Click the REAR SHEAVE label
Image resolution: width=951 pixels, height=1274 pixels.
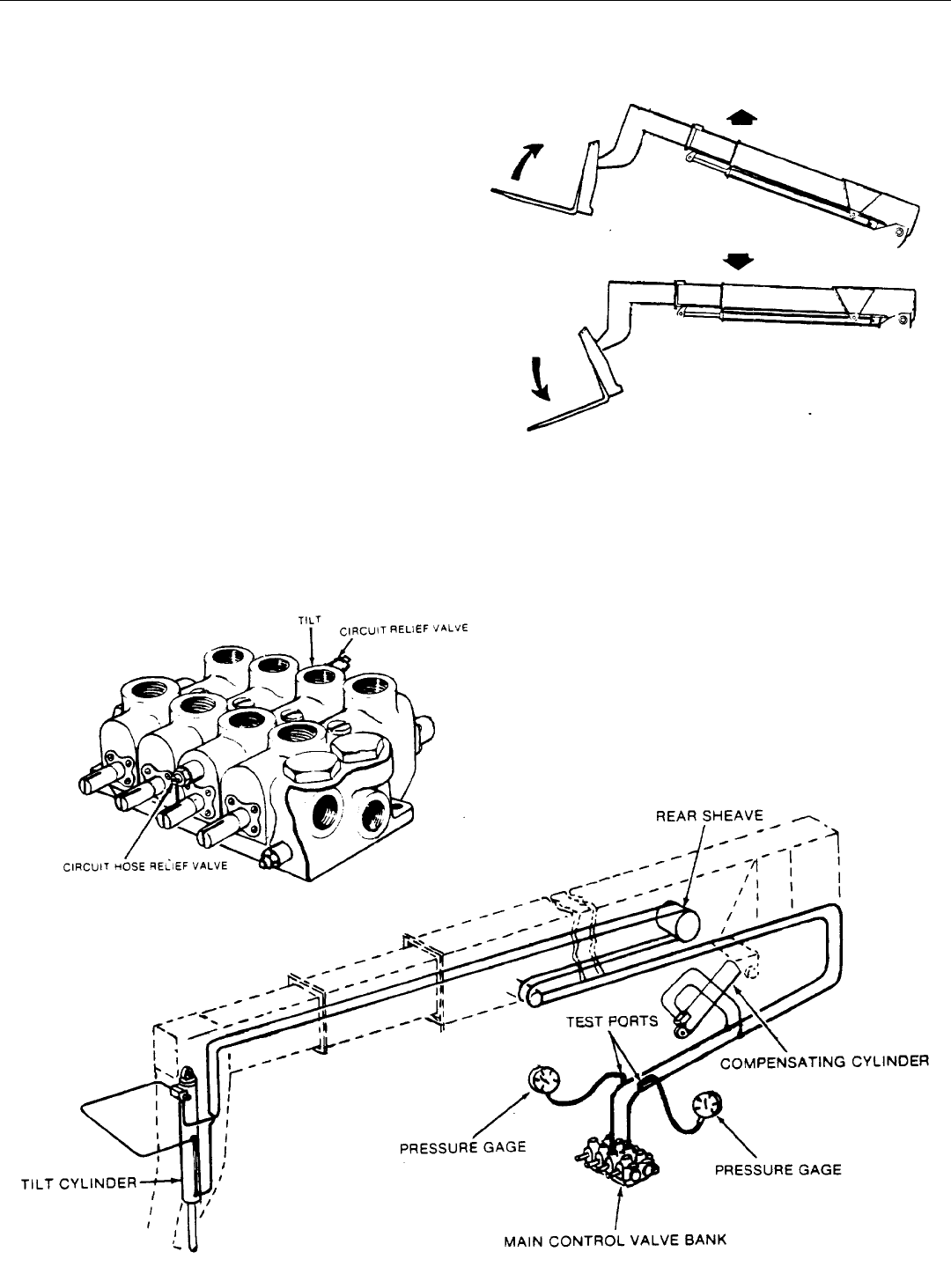point(709,815)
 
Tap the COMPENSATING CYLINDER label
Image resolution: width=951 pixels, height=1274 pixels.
point(824,1062)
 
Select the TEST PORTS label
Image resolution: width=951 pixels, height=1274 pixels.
point(612,1021)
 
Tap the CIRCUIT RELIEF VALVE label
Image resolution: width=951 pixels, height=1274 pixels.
point(403,630)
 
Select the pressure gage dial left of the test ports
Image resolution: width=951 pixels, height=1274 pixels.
point(544,1079)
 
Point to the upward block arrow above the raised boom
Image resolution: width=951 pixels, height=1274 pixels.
point(741,118)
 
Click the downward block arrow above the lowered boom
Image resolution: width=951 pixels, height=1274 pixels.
point(738,261)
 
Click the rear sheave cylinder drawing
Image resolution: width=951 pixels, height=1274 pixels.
point(677,921)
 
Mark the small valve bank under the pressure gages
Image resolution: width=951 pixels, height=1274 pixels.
point(616,1160)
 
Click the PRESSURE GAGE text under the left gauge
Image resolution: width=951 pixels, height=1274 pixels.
point(462,1146)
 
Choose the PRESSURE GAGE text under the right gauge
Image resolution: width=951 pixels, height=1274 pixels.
point(778,1169)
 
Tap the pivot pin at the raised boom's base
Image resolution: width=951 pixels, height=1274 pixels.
point(899,232)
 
